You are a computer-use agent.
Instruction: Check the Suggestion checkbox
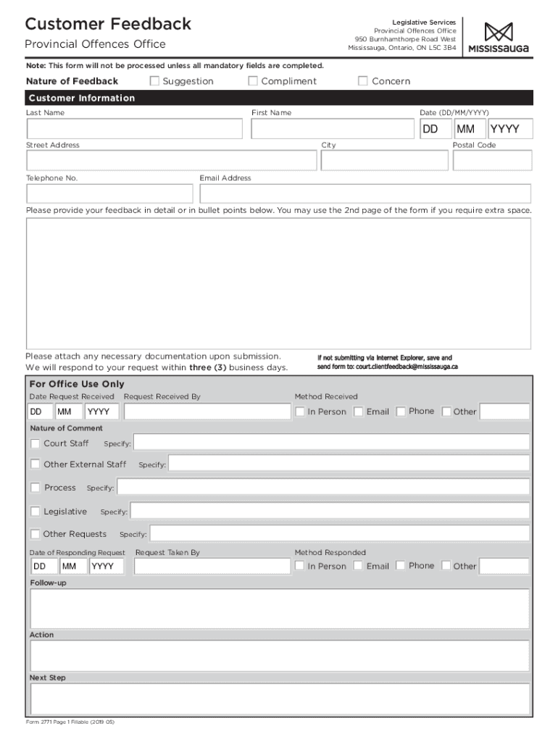(x=154, y=81)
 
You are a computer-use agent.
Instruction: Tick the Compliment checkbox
(x=253, y=81)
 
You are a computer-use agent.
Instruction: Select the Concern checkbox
(x=363, y=81)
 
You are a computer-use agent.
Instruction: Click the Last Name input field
(x=135, y=129)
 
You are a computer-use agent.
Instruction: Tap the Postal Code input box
(x=492, y=160)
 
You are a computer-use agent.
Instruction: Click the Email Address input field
(x=365, y=193)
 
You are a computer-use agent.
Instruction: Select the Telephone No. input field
(x=110, y=193)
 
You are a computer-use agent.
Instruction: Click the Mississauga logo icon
(x=499, y=33)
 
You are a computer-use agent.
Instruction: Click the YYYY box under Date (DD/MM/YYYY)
(x=510, y=129)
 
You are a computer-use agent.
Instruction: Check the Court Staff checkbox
(x=36, y=443)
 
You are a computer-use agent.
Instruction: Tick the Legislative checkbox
(x=36, y=512)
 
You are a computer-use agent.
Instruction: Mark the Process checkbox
(x=36, y=488)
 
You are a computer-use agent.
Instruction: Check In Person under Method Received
(x=300, y=412)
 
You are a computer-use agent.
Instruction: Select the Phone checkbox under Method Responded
(x=401, y=566)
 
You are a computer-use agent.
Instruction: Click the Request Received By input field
(x=207, y=412)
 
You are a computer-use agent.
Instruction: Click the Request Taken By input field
(x=212, y=566)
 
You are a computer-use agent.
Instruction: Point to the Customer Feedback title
(x=108, y=24)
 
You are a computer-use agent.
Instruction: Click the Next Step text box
(x=280, y=699)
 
